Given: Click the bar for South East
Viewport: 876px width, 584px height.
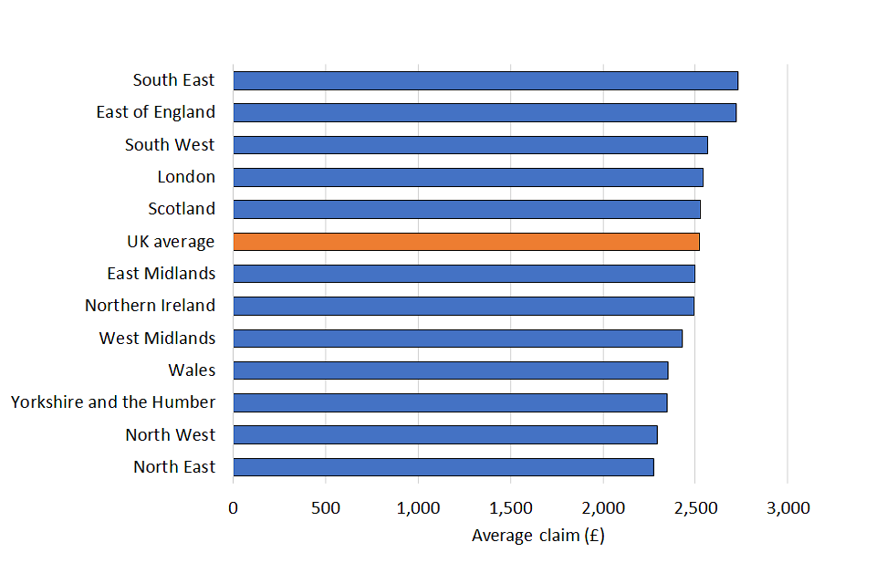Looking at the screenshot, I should [x=485, y=80].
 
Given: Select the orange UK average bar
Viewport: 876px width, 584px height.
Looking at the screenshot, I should [x=466, y=242].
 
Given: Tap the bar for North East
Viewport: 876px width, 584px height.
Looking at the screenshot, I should [x=443, y=467].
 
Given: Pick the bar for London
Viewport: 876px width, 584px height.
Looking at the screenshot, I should [x=468, y=177].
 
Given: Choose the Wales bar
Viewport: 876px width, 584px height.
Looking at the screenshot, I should [x=451, y=370].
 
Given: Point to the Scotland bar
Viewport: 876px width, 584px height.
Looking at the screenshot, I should [x=466, y=209].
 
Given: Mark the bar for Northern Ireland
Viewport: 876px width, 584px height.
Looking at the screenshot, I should [x=464, y=306].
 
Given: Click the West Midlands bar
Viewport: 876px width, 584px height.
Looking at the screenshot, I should [x=458, y=339].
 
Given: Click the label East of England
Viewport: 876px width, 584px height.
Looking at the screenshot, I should [x=156, y=112].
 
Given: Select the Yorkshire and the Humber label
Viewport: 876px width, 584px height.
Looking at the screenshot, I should [x=113, y=402].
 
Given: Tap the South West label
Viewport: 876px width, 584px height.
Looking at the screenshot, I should [x=170, y=145].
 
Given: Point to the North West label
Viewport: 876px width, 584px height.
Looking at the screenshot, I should [x=171, y=435].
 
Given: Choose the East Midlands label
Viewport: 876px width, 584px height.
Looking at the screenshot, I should [x=161, y=274].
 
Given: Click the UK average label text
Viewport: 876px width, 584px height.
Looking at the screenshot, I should [x=171, y=242].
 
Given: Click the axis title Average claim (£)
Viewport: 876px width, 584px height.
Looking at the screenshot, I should [x=537, y=536].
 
